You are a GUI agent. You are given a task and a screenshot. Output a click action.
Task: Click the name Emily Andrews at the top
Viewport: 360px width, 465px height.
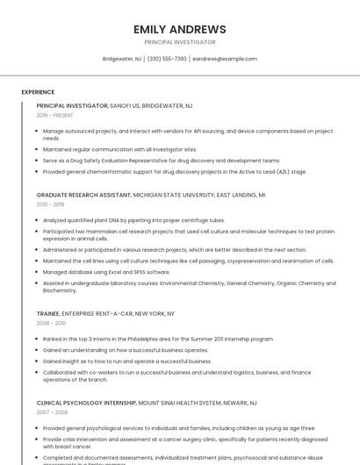click(179, 29)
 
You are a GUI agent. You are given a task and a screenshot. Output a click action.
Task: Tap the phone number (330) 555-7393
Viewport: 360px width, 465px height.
click(167, 59)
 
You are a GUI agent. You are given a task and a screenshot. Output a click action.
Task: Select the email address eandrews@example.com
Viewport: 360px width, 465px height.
click(225, 59)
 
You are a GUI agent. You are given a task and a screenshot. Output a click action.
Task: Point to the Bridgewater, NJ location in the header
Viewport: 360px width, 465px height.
click(121, 59)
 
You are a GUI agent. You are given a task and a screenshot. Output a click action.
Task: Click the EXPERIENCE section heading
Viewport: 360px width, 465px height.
click(38, 92)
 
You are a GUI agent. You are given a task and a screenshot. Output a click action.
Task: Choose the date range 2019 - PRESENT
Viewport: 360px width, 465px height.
click(54, 115)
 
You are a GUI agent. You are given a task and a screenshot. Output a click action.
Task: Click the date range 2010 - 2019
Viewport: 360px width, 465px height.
click(49, 204)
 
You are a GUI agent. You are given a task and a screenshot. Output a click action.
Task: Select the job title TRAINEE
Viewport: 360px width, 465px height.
click(48, 313)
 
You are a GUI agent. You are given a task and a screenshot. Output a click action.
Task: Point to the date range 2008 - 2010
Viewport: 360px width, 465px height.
click(51, 323)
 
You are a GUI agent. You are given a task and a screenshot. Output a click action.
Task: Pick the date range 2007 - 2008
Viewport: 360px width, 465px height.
click(51, 412)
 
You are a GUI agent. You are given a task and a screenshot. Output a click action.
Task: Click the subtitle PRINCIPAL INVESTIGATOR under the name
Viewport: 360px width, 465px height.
click(179, 42)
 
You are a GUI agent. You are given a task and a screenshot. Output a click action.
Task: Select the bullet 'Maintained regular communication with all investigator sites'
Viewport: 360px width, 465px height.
click(119, 149)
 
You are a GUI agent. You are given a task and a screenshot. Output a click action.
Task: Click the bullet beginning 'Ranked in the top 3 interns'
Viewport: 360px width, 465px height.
click(158, 339)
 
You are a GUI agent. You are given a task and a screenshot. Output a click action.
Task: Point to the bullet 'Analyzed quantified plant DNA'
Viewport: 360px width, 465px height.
click(133, 220)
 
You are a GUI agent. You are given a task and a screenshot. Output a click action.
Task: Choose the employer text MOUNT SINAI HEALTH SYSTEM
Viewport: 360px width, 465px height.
click(195, 403)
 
